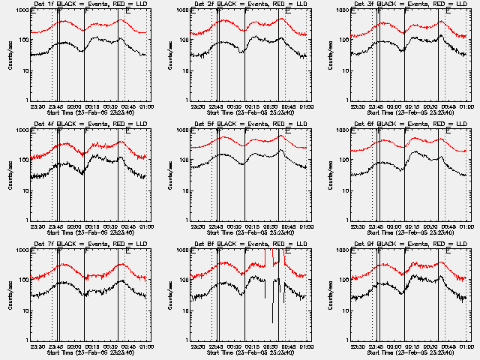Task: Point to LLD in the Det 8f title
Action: click(301, 244)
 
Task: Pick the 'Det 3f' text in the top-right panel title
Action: click(359, 5)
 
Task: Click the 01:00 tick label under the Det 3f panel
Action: click(466, 107)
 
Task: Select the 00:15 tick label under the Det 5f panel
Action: click(254, 226)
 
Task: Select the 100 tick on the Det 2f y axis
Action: click(184, 40)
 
